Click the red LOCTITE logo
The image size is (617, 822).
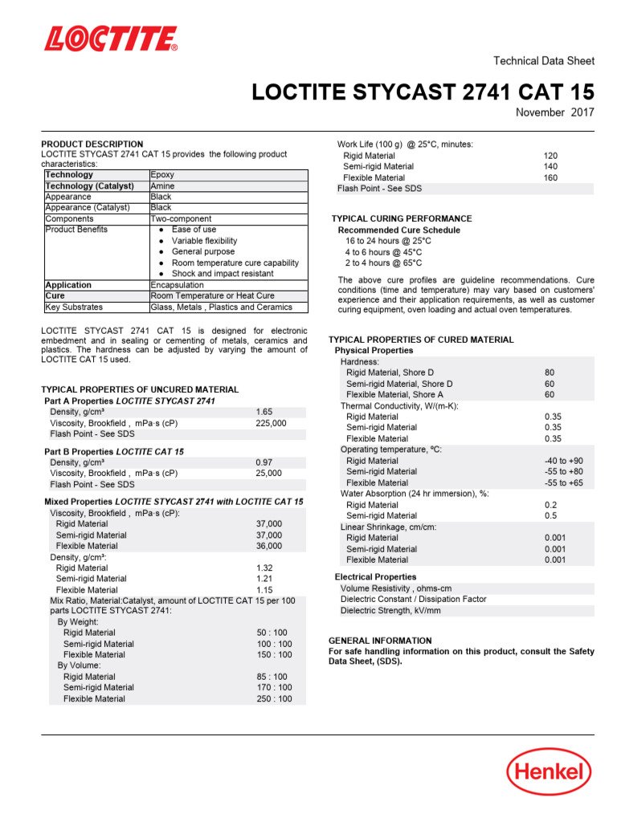click(x=110, y=39)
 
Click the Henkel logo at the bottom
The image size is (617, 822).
click(x=549, y=772)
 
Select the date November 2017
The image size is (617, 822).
click(x=554, y=112)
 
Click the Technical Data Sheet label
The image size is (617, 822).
click(x=543, y=61)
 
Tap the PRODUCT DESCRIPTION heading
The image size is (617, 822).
click(x=92, y=144)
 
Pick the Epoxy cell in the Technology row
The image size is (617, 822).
click(x=162, y=174)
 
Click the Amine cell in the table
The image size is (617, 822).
click(x=163, y=185)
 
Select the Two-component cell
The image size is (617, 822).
click(x=181, y=218)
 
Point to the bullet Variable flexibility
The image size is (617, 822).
click(x=204, y=241)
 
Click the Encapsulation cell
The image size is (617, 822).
click(x=177, y=285)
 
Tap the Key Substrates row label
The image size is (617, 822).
click(x=74, y=307)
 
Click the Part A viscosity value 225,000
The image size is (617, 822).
click(x=271, y=423)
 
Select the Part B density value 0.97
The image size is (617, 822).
click(x=264, y=463)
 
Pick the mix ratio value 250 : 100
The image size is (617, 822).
click(x=274, y=699)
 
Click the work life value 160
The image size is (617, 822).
click(x=550, y=178)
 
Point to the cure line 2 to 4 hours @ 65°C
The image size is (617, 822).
click(x=383, y=263)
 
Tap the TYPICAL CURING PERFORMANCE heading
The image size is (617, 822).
click(x=402, y=219)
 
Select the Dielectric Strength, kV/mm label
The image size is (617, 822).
click(x=390, y=611)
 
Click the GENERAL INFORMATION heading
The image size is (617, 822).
click(x=380, y=641)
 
